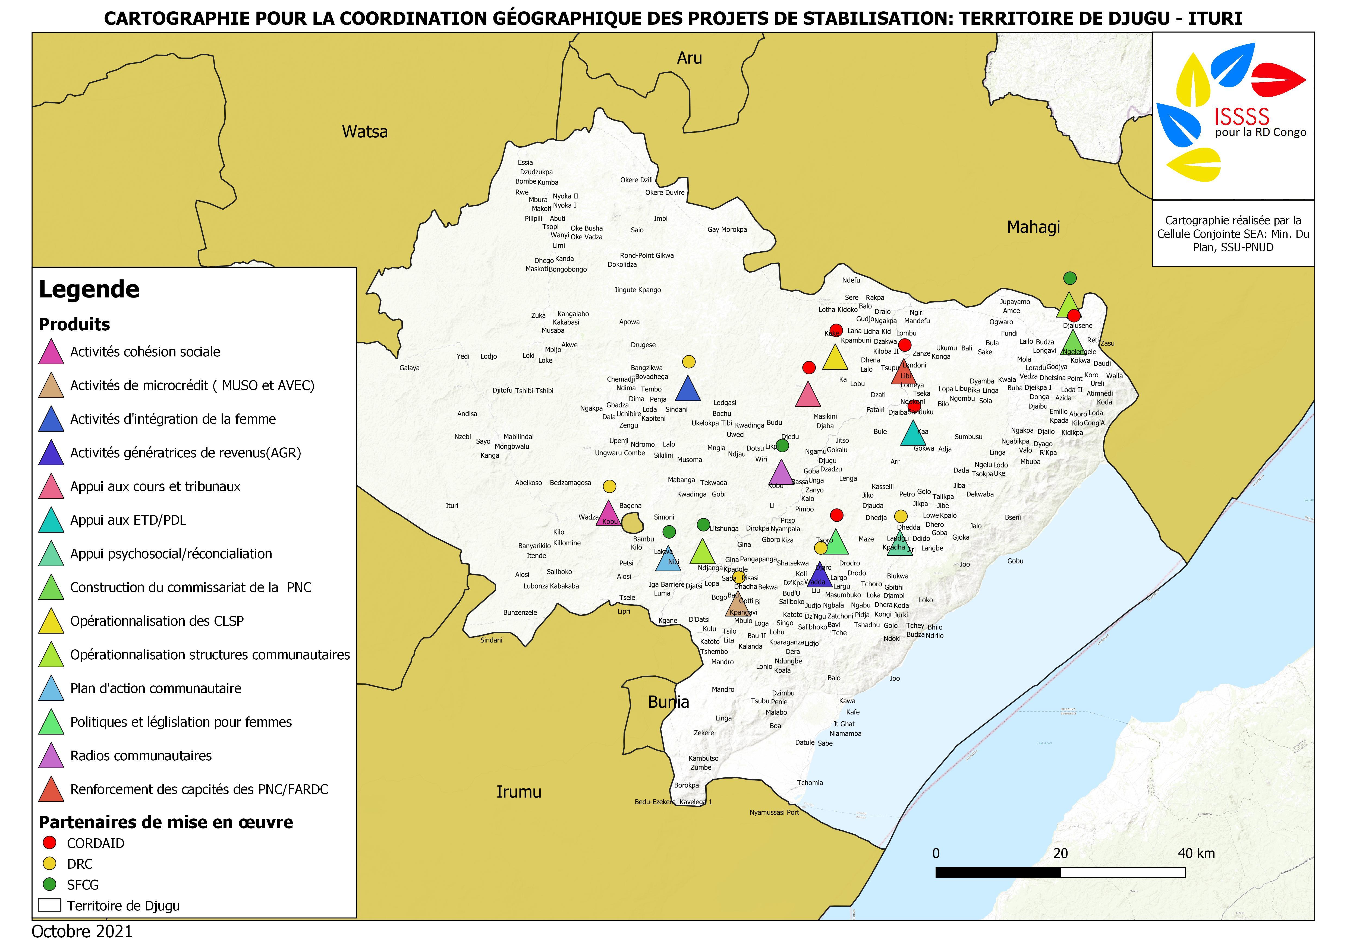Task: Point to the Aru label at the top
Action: [689, 58]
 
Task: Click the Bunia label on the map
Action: [668, 702]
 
